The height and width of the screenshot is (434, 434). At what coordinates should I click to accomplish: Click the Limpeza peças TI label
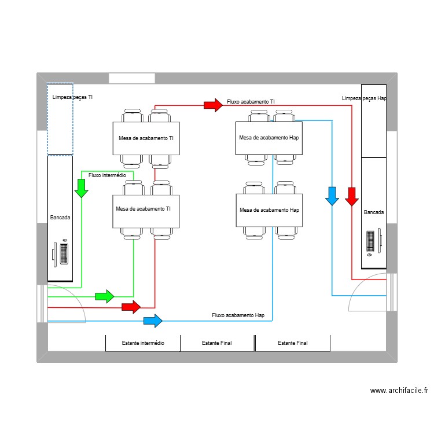pyautogui.click(x=72, y=97)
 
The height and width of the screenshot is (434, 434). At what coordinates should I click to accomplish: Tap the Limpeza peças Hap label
pyautogui.click(x=364, y=98)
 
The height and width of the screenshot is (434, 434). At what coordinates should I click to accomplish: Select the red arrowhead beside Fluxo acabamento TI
pyautogui.click(x=214, y=105)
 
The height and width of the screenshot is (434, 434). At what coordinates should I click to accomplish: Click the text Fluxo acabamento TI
pyautogui.click(x=251, y=101)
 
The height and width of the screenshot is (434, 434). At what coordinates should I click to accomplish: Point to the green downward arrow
pyautogui.click(x=81, y=187)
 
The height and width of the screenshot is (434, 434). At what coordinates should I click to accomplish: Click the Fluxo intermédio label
pyautogui.click(x=107, y=175)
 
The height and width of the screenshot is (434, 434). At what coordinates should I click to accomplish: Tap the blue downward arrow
pyautogui.click(x=332, y=196)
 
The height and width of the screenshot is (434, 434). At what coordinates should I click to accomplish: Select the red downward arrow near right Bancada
pyautogui.click(x=352, y=196)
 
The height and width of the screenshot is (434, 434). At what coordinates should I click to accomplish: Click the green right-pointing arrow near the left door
pyautogui.click(x=105, y=296)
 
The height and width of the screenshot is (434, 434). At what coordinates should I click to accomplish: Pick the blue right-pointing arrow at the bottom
pyautogui.click(x=153, y=320)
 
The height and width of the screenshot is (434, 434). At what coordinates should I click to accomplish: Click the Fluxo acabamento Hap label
pyautogui.click(x=238, y=315)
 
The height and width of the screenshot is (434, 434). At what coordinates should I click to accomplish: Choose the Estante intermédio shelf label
pyautogui.click(x=143, y=343)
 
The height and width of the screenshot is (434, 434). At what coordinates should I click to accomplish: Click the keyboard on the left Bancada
pyautogui.click(x=63, y=253)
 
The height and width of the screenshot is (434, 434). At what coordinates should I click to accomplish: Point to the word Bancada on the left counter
pyautogui.click(x=60, y=218)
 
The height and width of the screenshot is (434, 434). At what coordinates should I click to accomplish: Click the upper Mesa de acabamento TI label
pyautogui.click(x=146, y=138)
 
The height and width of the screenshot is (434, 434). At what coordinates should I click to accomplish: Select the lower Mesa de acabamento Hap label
pyautogui.click(x=269, y=209)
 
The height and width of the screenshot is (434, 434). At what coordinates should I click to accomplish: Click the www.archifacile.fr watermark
pyautogui.click(x=399, y=391)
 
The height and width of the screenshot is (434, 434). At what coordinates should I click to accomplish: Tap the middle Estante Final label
pyautogui.click(x=217, y=343)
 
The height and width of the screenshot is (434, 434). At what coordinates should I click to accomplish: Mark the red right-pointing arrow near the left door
pyautogui.click(x=131, y=307)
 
